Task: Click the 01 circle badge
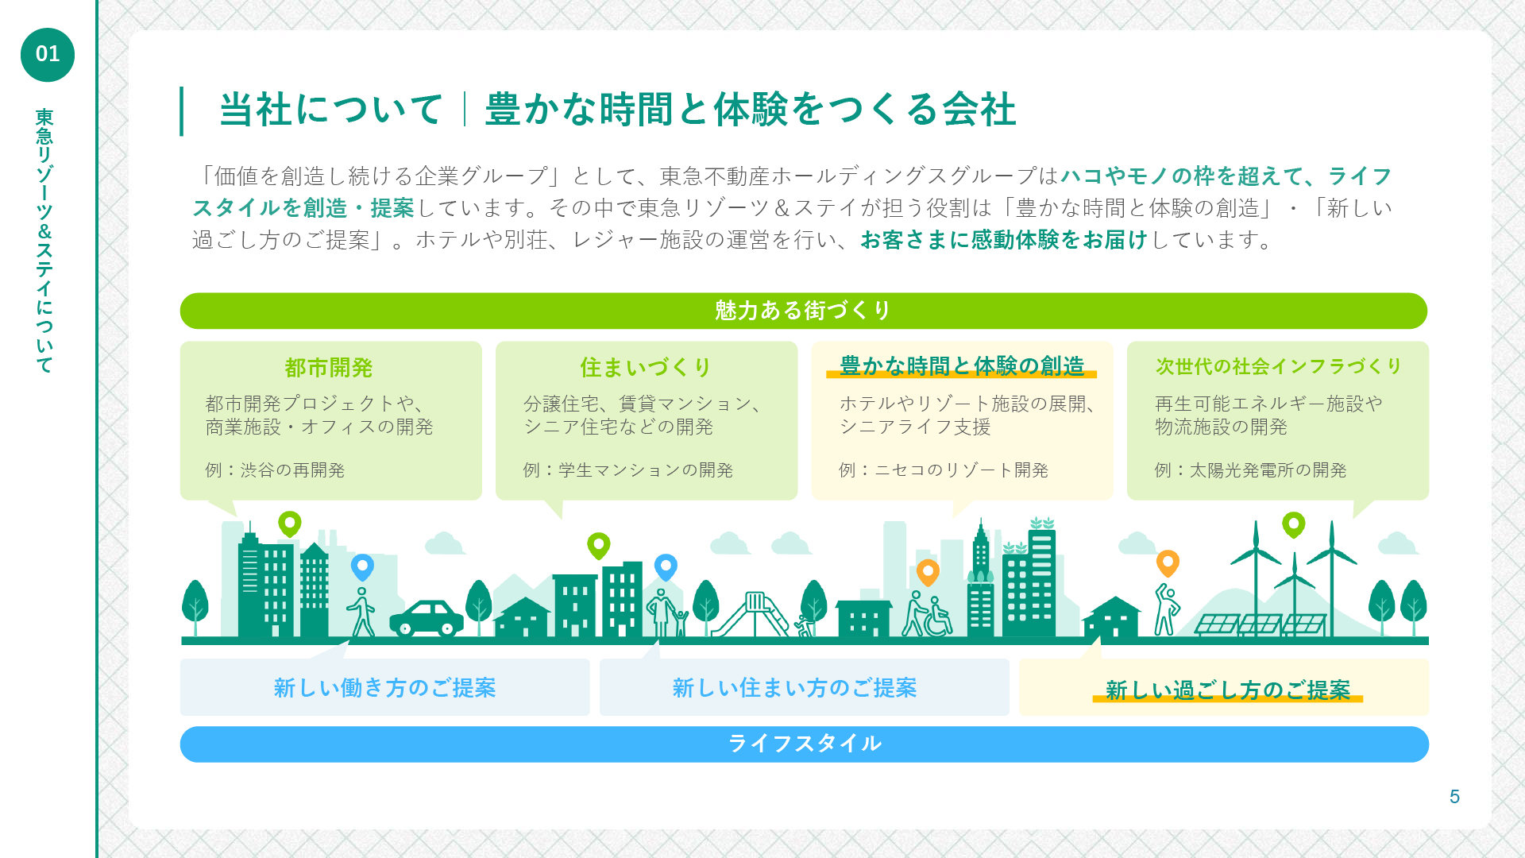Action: click(x=48, y=55)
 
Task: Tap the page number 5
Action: click(x=1454, y=797)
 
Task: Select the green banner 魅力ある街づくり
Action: click(x=804, y=311)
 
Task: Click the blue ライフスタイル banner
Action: click(x=804, y=744)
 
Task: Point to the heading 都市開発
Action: click(x=329, y=368)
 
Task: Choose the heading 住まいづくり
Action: click(x=646, y=367)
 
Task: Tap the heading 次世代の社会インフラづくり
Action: click(x=1278, y=366)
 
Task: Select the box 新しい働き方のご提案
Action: click(x=385, y=687)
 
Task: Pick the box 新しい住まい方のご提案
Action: click(x=804, y=687)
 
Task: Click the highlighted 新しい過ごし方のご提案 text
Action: click(x=1228, y=690)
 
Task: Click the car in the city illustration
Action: click(x=427, y=618)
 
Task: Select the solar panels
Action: click(x=1261, y=624)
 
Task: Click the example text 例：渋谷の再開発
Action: click(x=275, y=470)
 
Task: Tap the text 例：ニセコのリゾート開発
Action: click(x=944, y=470)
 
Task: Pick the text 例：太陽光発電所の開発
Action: click(x=1251, y=470)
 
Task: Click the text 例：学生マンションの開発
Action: click(x=628, y=470)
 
